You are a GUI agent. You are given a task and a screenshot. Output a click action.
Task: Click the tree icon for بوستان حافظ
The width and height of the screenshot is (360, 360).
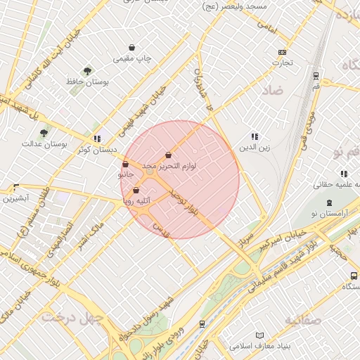87,71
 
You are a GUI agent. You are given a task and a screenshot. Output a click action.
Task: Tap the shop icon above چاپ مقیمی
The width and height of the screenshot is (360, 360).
132,48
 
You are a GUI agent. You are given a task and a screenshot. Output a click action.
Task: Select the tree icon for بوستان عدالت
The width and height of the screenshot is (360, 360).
44,132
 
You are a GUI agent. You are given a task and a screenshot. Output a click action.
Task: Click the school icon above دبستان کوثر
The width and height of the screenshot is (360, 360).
96,139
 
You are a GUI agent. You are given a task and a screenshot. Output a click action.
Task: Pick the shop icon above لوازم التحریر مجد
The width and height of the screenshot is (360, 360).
169,155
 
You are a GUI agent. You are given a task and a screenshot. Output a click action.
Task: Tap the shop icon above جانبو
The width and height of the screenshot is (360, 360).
125,165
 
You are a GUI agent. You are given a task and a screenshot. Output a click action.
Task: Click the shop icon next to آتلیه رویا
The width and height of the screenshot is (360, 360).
136,190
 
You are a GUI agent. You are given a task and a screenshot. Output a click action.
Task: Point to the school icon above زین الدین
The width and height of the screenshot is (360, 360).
254,136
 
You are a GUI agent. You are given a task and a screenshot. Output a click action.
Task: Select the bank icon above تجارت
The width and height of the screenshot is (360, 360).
282,52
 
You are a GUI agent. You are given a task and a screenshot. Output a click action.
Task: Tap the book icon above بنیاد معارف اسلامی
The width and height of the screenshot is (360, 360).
260,335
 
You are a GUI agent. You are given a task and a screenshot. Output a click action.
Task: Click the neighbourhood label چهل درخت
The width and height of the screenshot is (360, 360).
72,317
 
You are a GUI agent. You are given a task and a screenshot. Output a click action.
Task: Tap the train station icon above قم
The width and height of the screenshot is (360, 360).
316,75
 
